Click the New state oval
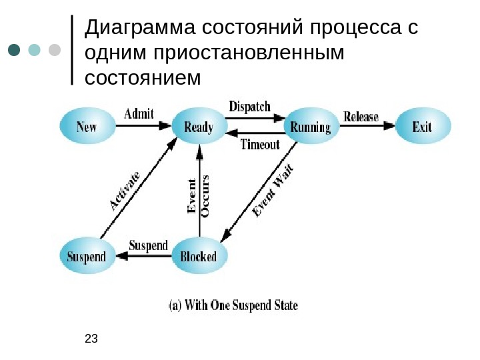pos(87,127)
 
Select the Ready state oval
pos(199,127)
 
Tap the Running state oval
pos(311,127)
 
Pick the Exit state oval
pos(423,127)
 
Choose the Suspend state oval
pos(87,257)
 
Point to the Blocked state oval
pos(199,257)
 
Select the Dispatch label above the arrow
pos(250,107)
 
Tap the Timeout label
pos(259,144)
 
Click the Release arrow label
pos(361,117)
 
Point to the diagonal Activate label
pos(125,191)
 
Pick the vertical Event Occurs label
pos(199,195)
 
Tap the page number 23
pos(92,339)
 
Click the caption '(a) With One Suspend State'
pos(232,306)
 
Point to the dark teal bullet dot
pos(14,51)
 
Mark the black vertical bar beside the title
pos(72,50)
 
